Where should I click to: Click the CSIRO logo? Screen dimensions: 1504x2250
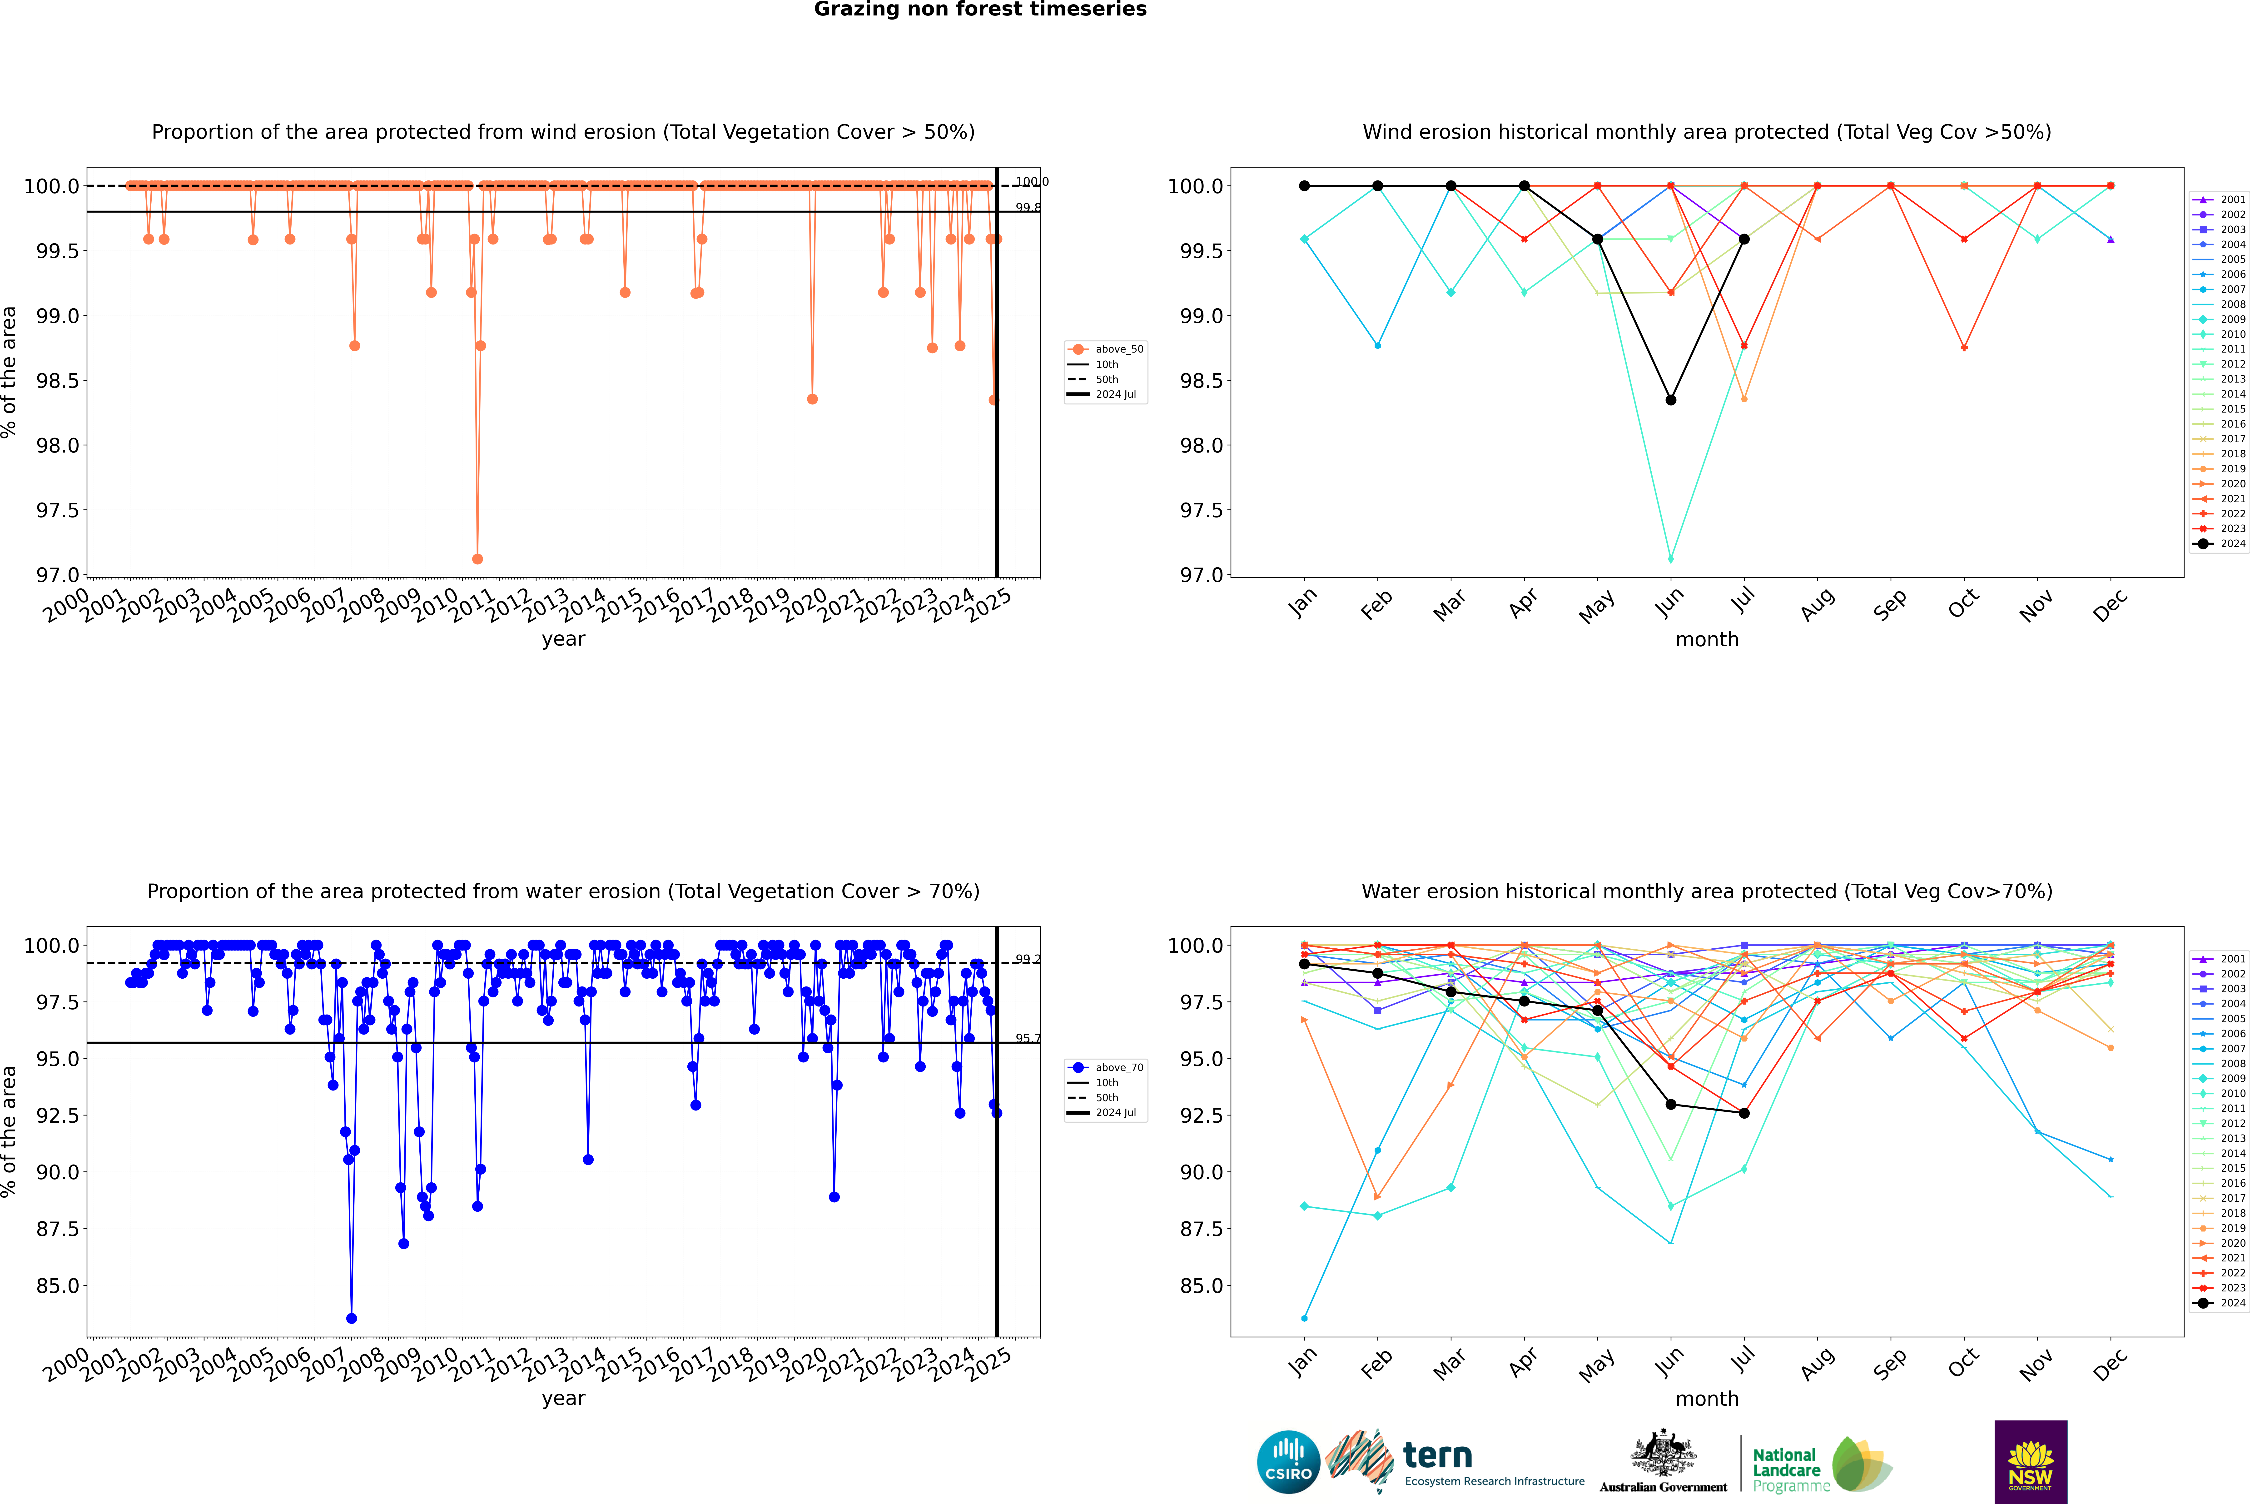[1288, 1462]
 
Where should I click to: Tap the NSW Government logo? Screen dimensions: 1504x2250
[2030, 1462]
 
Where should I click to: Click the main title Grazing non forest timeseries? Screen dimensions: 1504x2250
[980, 10]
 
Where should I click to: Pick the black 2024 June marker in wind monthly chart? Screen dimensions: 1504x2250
[1671, 400]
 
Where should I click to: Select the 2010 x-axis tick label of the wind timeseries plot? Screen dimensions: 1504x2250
[436, 604]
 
